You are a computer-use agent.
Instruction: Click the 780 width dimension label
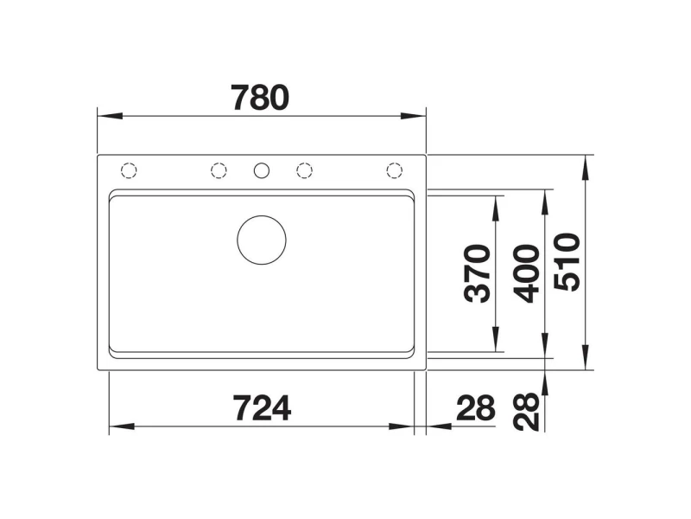point(261,98)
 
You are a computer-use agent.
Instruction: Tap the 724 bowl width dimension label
point(262,408)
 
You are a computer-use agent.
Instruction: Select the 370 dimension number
point(478,273)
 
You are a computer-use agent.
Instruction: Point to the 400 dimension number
point(527,273)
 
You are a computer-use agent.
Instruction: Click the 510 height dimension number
point(567,262)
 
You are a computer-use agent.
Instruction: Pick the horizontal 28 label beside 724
point(476,408)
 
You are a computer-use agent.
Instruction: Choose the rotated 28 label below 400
point(527,412)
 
